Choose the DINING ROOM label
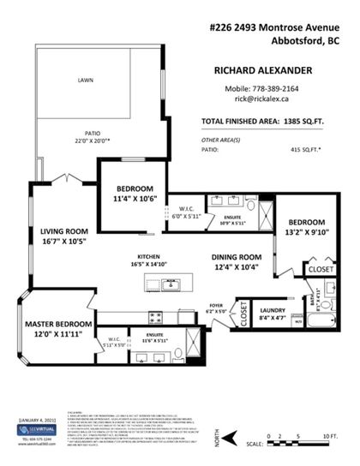pyautogui.click(x=237, y=257)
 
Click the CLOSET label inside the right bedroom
pyautogui.click(x=319, y=269)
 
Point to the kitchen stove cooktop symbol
pyautogui.click(x=159, y=314)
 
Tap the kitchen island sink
pyautogui.click(x=171, y=285)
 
